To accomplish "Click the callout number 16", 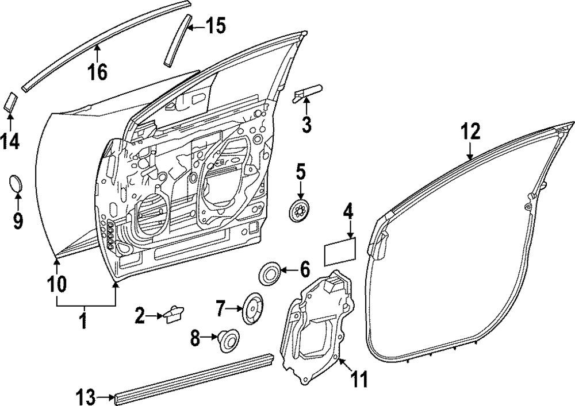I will (x=98, y=72).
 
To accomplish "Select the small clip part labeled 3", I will (x=308, y=92).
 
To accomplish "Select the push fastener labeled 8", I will (x=229, y=339).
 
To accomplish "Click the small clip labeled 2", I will (x=173, y=314).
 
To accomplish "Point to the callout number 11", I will (x=359, y=378).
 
